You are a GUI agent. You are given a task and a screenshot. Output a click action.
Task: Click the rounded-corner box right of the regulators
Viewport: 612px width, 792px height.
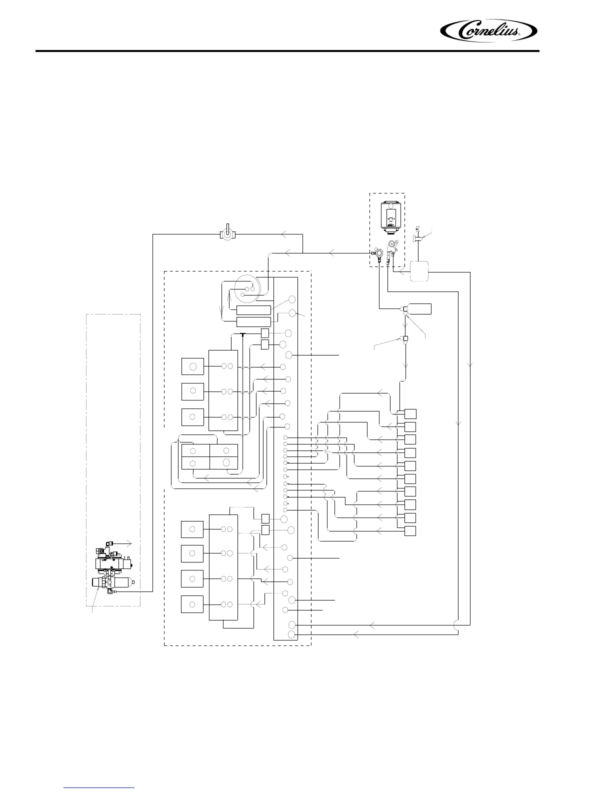tap(419, 271)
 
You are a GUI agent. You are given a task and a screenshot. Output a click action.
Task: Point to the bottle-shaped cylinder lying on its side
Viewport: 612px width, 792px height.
tap(419, 308)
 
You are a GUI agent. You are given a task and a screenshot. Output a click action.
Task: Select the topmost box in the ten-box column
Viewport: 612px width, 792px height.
tap(410, 413)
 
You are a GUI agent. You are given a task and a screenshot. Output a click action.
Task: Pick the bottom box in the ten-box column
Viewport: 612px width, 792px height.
tap(410, 530)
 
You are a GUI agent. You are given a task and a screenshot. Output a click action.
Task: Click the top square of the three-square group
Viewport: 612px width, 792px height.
tap(192, 366)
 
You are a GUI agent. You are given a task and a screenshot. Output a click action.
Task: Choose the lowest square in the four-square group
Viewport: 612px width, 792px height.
tap(192, 604)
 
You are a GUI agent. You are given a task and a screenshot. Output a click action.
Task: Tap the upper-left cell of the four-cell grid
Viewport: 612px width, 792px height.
tap(195, 450)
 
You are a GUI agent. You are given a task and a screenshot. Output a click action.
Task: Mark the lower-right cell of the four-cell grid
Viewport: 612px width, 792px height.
tap(223, 462)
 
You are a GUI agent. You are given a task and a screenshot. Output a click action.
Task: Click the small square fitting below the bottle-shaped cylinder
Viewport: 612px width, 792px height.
tap(405, 339)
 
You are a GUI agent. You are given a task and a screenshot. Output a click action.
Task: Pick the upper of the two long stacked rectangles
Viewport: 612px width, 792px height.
tap(253, 310)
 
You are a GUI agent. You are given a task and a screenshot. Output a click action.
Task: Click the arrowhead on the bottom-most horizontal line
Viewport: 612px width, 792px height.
tap(356, 634)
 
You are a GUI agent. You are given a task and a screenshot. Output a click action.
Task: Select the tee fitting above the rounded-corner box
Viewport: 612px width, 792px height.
tap(416, 239)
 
